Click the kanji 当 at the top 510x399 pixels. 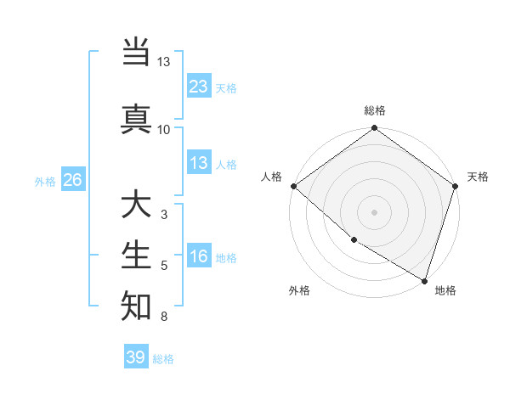point(136,53)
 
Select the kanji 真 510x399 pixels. point(136,118)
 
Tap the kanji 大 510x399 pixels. point(136,205)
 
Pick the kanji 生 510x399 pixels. point(136,256)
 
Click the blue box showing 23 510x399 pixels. point(198,86)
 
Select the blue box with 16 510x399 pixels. point(198,256)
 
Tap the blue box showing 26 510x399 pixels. point(72,181)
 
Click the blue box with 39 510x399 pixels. point(136,357)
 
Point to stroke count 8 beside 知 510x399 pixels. point(163,318)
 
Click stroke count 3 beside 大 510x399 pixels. point(163,216)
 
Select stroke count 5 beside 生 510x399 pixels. point(163,267)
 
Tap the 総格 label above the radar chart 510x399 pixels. point(375,110)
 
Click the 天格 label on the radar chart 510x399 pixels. point(478,177)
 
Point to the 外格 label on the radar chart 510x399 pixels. point(298,290)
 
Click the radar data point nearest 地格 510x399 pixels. point(424,280)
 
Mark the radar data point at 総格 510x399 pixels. point(375,129)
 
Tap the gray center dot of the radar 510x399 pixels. point(375,211)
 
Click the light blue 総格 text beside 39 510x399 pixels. point(163,358)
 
